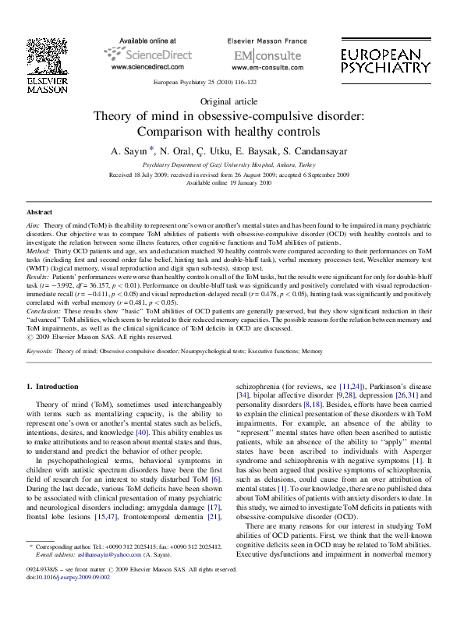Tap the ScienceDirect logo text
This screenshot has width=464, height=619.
(x=147, y=54)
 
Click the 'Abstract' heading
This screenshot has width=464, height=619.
(x=39, y=212)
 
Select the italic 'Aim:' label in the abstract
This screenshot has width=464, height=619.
(x=34, y=225)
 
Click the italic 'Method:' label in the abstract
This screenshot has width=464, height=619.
(x=38, y=252)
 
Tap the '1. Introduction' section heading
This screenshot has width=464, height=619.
(x=52, y=387)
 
